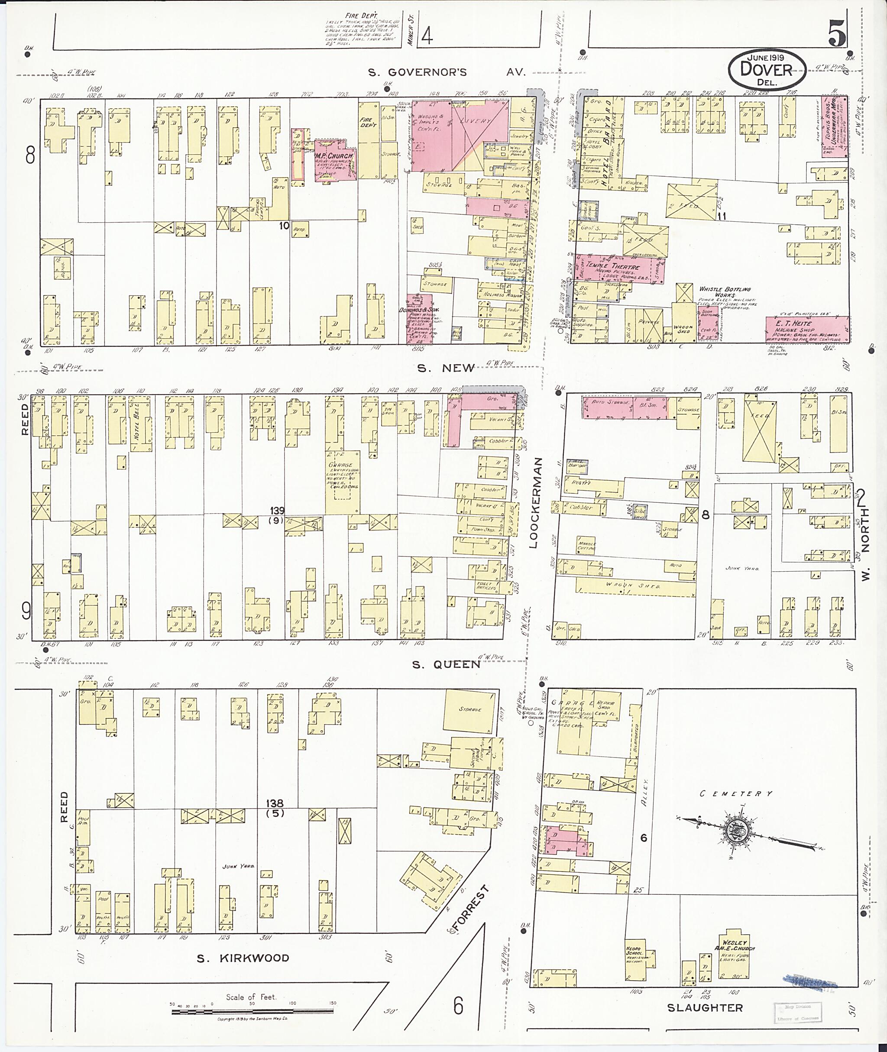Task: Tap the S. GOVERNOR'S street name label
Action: pyautogui.click(x=418, y=72)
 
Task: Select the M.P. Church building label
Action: pyautogui.click(x=334, y=156)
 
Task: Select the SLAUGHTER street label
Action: pyautogui.click(x=705, y=1007)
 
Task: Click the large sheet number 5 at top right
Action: pyautogui.click(x=837, y=32)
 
